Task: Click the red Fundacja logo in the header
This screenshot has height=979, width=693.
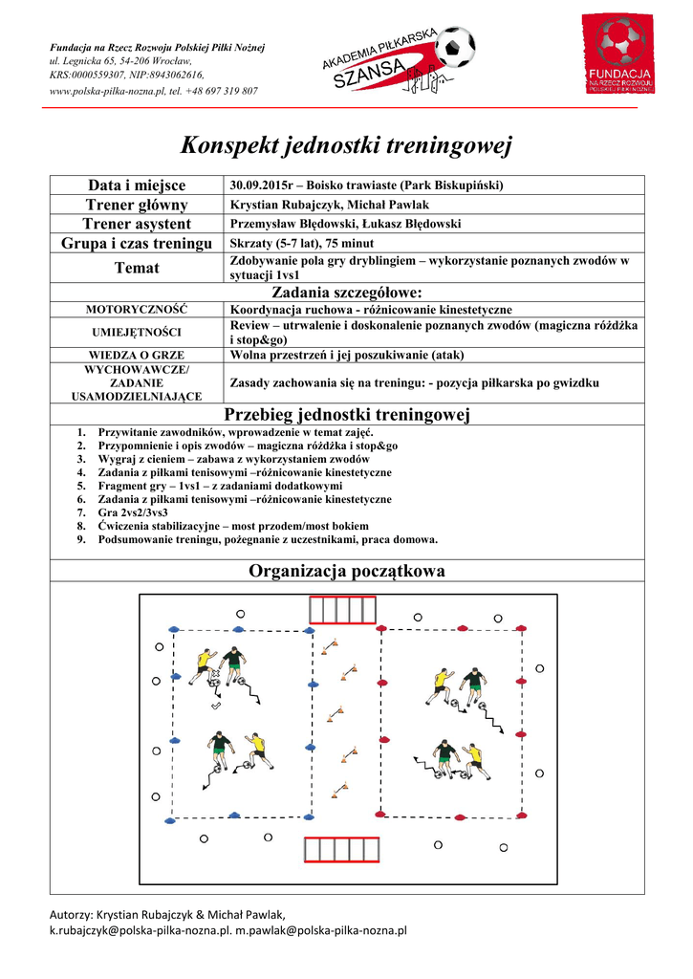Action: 620,58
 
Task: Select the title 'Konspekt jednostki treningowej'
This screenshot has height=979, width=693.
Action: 346,146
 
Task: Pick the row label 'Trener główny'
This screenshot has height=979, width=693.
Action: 137,205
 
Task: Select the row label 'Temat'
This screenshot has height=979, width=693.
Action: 137,268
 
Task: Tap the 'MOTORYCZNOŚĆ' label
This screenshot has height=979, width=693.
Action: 137,310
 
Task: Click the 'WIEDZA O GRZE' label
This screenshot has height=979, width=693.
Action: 137,355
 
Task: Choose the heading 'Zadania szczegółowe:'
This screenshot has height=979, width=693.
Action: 346,293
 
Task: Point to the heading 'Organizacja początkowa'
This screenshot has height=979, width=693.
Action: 346,572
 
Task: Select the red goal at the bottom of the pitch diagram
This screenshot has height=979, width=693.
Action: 346,849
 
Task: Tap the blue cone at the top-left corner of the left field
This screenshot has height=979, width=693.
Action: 175,629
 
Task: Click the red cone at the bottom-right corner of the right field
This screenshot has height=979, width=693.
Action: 522,817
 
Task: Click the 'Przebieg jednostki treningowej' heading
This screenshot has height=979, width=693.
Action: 346,414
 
